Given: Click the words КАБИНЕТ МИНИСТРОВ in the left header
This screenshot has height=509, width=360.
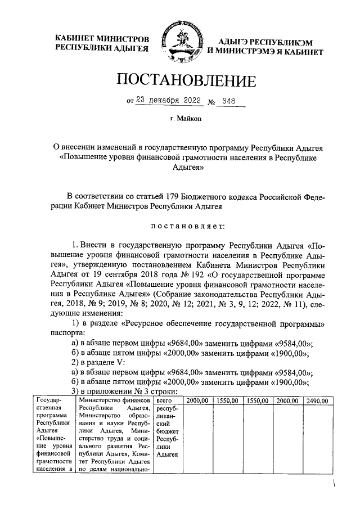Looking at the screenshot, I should (102, 39).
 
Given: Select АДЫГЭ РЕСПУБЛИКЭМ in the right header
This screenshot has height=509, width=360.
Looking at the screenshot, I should (265, 42).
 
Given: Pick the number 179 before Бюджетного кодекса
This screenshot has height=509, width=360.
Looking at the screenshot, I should (173, 196).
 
